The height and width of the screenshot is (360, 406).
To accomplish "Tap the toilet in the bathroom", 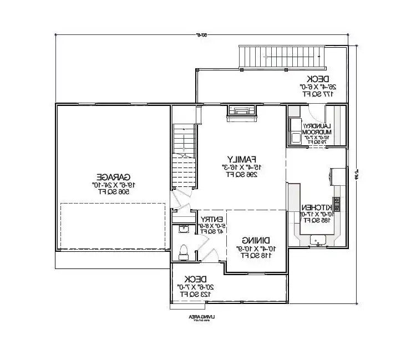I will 184,251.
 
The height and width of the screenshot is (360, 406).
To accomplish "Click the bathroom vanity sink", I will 184,228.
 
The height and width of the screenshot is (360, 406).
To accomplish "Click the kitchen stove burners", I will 336,200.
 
